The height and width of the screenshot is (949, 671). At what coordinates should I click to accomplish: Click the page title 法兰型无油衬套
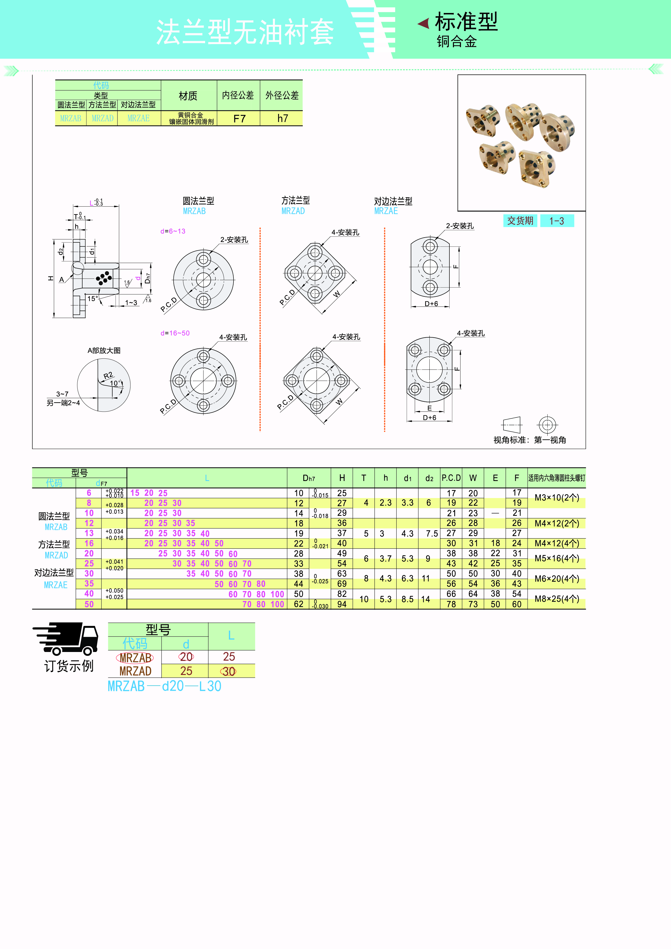[245, 32]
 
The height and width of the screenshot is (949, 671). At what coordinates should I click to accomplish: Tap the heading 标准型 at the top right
[466, 21]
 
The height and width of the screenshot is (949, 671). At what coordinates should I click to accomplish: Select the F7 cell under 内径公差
[239, 118]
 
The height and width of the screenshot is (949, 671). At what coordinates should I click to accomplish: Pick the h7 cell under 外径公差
[282, 118]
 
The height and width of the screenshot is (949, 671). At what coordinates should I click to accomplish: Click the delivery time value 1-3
[557, 221]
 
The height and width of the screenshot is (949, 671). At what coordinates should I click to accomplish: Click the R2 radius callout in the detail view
[108, 375]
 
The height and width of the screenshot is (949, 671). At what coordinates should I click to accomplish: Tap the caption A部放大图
[104, 351]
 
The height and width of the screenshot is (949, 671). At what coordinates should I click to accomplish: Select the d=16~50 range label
[175, 333]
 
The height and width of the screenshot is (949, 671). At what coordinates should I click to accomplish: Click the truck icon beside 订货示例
[66, 639]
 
